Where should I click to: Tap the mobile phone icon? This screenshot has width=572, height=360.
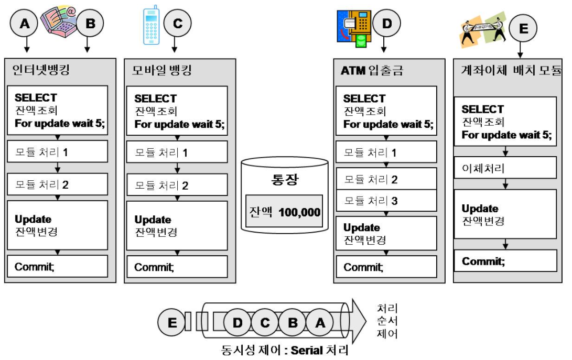[150, 25]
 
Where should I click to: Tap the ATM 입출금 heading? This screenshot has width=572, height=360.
[372, 70]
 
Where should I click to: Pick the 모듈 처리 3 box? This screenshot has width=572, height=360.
[385, 200]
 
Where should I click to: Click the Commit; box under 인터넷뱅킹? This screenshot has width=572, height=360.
[58, 266]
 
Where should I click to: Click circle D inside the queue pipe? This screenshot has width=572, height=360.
[238, 322]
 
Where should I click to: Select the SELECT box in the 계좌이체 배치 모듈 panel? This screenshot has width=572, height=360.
[505, 122]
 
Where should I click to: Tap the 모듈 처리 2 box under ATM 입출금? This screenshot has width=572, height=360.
[385, 179]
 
